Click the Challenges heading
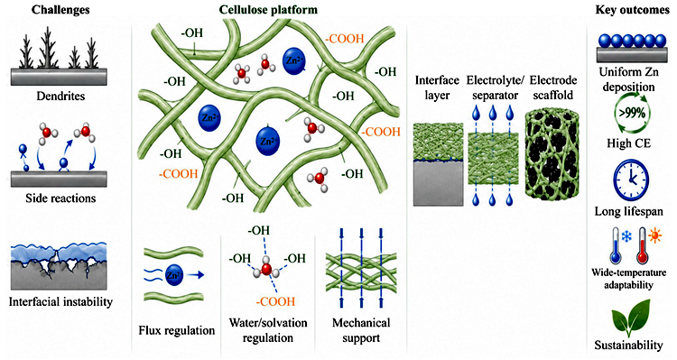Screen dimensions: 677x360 tap(60, 9)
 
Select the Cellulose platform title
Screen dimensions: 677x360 tap(268, 10)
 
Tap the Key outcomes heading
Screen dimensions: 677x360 tap(632, 10)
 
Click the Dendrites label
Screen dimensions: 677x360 tap(60, 96)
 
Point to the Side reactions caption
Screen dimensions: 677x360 tap(60, 198)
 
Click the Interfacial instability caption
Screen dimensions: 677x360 tap(60, 301)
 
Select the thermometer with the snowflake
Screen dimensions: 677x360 tap(617, 246)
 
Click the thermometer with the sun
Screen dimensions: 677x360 tap(642, 246)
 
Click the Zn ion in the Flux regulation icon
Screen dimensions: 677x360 tap(174, 274)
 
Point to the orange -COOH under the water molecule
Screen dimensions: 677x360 tap(275, 300)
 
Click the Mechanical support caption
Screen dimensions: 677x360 tap(361, 330)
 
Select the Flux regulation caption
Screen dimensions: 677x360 tap(177, 330)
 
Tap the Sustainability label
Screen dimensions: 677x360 tap(628, 346)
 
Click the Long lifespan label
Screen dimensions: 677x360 tap(628, 211)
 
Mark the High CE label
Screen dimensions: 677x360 tap(628, 143)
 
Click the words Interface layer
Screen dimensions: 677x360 tap(437, 88)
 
